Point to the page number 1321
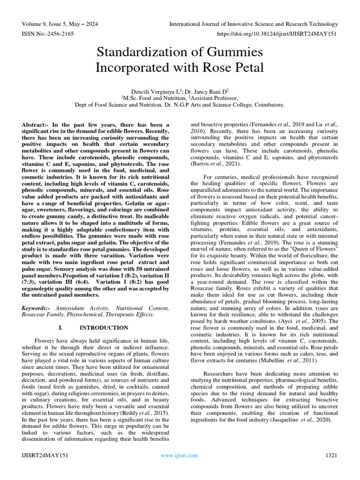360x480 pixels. point(331,455)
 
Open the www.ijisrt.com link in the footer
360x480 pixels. point(180,455)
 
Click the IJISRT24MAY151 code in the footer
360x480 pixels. point(45,455)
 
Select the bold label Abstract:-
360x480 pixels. point(39,125)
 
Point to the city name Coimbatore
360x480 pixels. point(268,105)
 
